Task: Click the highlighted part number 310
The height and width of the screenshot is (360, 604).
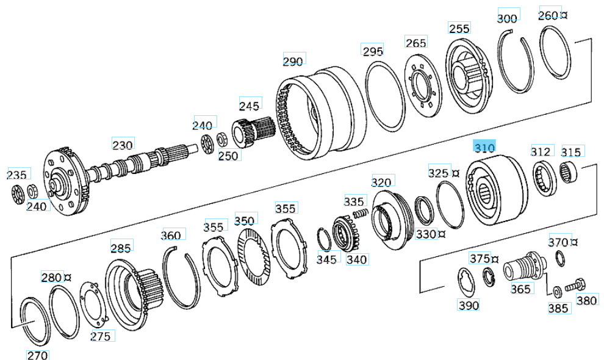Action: [x=485, y=147]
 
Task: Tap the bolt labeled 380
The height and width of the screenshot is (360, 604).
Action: [x=574, y=284]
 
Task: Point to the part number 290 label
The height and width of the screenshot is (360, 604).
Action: [x=293, y=61]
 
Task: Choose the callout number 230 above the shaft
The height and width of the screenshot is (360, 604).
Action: [x=122, y=145]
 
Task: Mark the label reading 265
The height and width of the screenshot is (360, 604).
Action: [x=415, y=43]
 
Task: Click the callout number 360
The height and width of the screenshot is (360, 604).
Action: [x=171, y=236]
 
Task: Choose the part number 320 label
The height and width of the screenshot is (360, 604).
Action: [x=381, y=182]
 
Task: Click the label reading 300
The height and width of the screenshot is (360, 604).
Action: [x=507, y=18]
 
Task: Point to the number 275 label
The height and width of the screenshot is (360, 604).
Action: [x=101, y=336]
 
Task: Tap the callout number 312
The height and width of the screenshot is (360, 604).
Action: [x=541, y=151]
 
